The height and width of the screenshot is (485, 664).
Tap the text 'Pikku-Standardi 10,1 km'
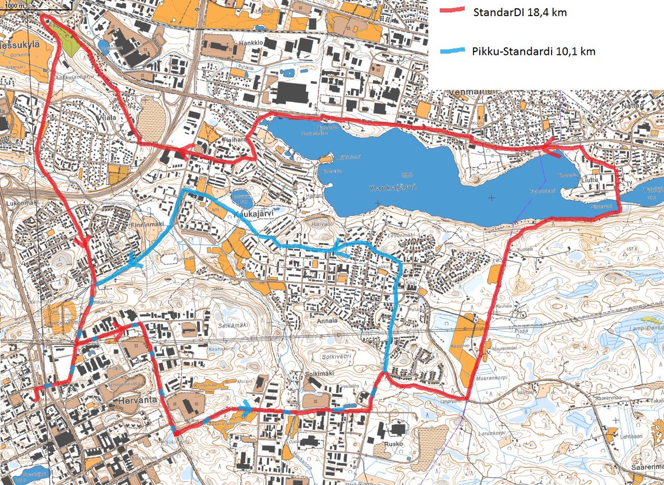pos(534,51)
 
